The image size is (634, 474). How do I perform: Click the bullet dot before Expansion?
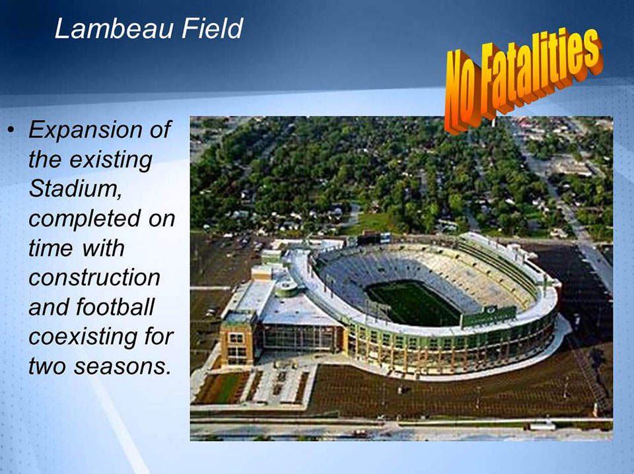tap(11, 129)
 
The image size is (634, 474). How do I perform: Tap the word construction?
tap(94, 278)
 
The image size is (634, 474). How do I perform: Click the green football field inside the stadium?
tap(411, 304)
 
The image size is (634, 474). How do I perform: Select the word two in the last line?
tap(48, 367)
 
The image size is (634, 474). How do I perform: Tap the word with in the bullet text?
tap(103, 248)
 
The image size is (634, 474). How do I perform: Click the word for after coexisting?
tap(158, 337)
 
